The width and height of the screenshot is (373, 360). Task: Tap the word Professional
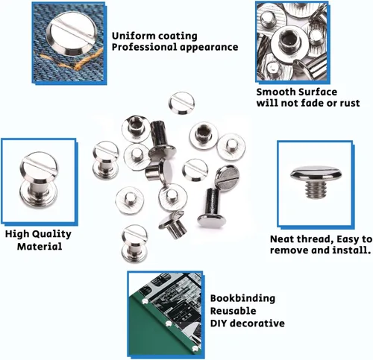[144, 47]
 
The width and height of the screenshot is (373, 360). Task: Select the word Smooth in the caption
[275, 92]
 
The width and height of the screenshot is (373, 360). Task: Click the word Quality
[51, 234]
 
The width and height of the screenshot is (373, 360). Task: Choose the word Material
[40, 247]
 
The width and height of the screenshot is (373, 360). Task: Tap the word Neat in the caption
[280, 239]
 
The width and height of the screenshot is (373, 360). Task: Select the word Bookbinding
[242, 298]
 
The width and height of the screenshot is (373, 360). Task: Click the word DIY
[219, 323]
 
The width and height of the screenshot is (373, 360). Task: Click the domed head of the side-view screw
[316, 174]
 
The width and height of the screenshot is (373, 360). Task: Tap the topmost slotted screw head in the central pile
[182, 103]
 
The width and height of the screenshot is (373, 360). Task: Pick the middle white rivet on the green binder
[169, 323]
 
